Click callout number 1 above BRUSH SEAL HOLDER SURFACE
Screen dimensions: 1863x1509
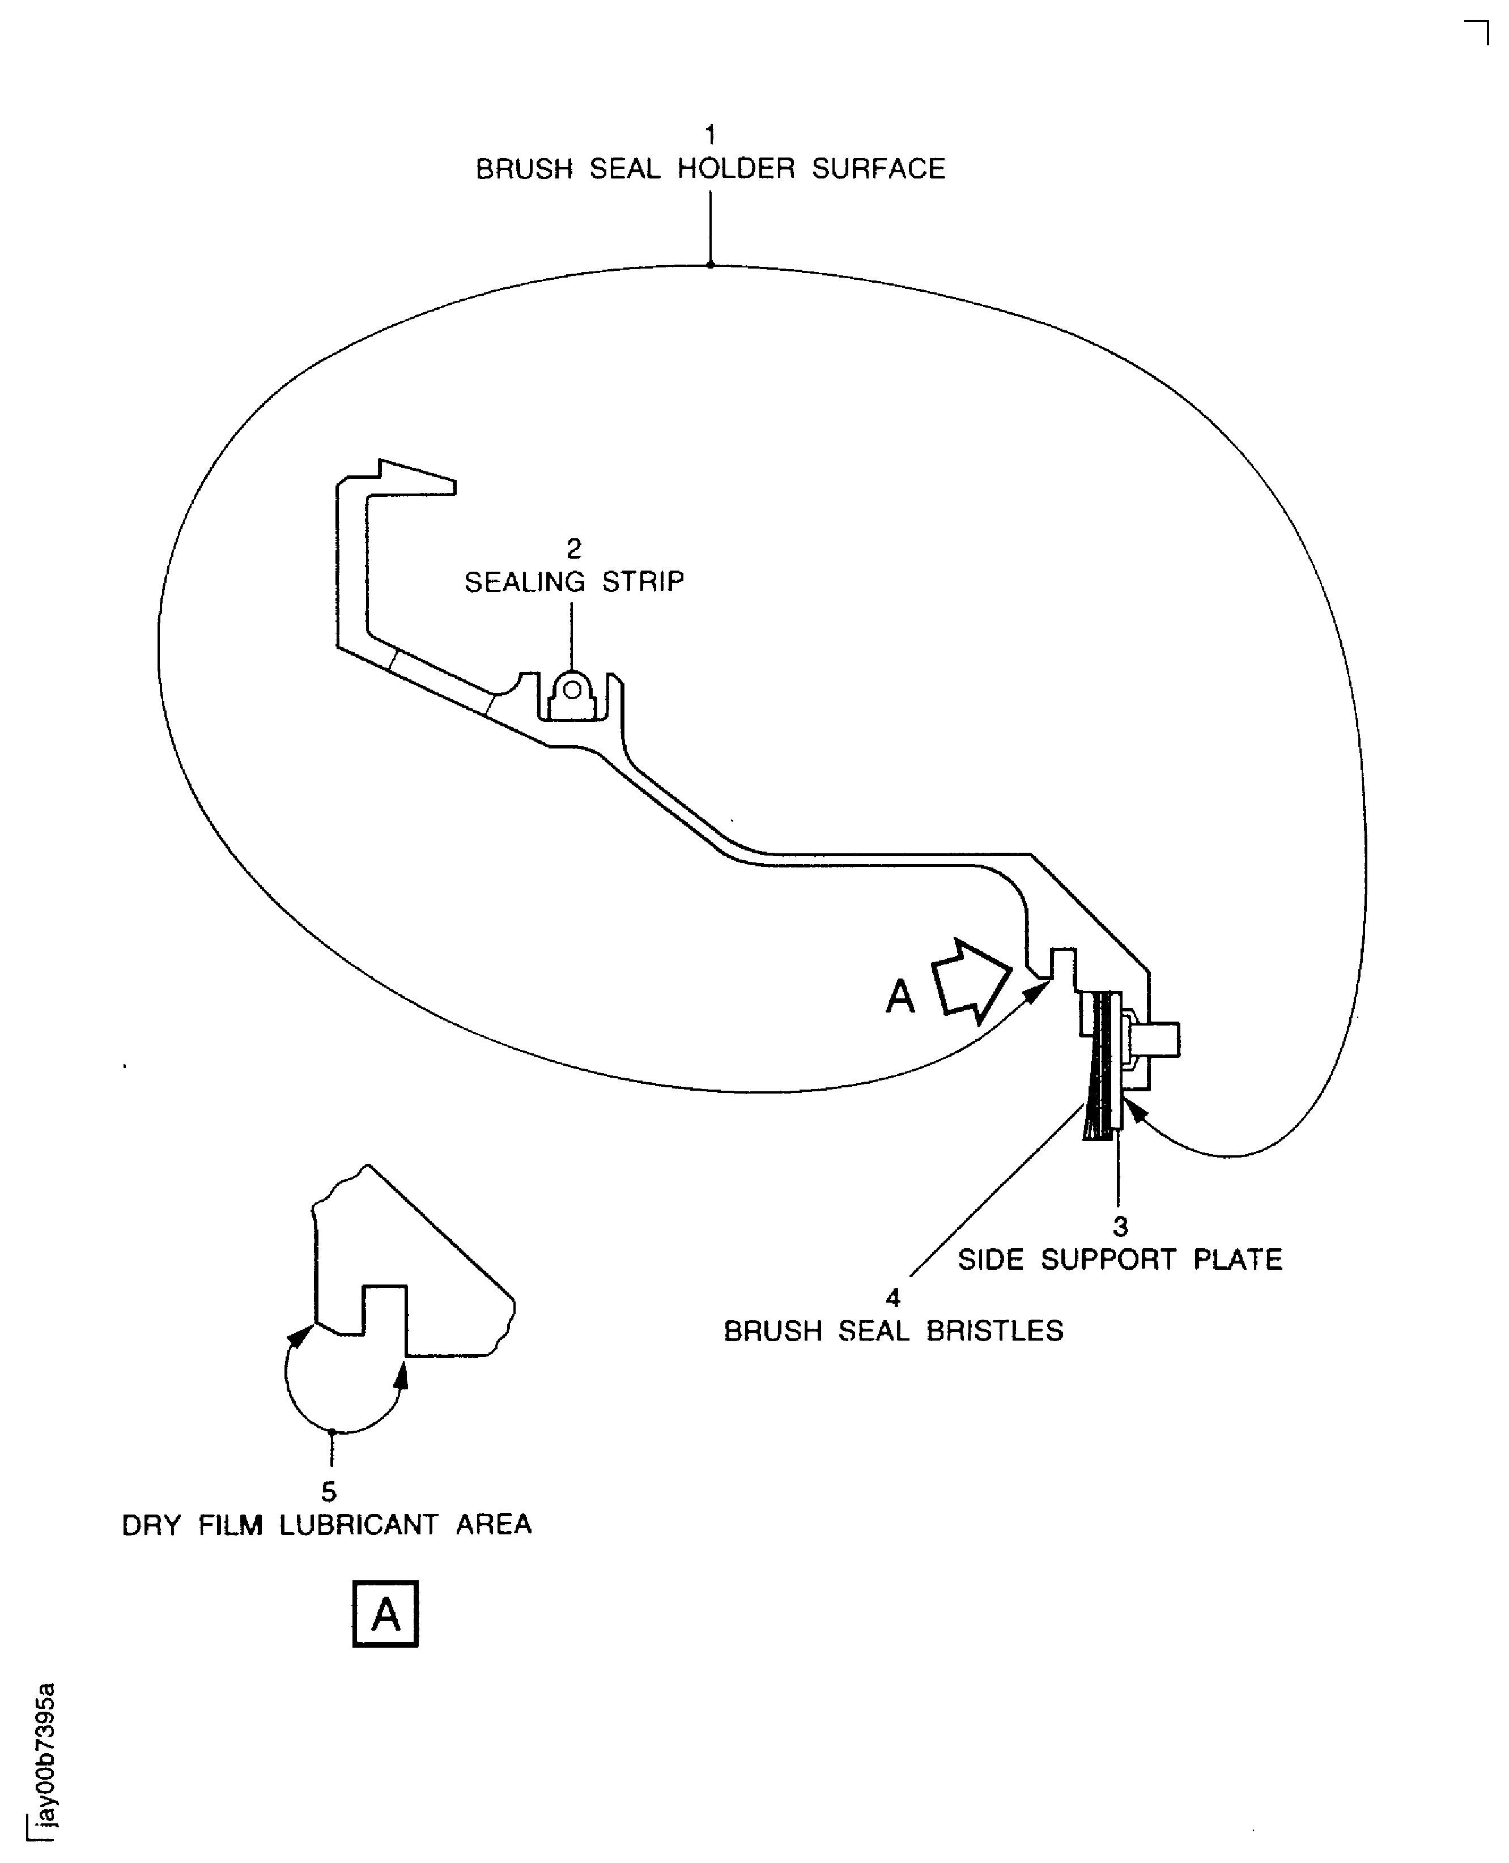click(710, 135)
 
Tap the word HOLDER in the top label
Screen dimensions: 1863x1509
click(736, 169)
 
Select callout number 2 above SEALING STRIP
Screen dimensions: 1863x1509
click(573, 548)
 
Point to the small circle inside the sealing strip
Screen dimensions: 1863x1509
click(572, 690)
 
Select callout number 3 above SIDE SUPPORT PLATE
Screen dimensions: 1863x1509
click(1120, 1226)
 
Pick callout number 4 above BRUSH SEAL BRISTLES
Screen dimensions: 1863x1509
click(892, 1298)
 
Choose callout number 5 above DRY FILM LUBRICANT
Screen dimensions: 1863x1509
click(329, 1491)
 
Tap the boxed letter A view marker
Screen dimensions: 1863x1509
click(385, 1614)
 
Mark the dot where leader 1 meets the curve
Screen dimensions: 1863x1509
click(710, 264)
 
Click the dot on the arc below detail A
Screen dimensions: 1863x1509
click(331, 1431)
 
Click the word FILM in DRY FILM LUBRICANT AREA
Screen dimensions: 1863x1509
click(231, 1524)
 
